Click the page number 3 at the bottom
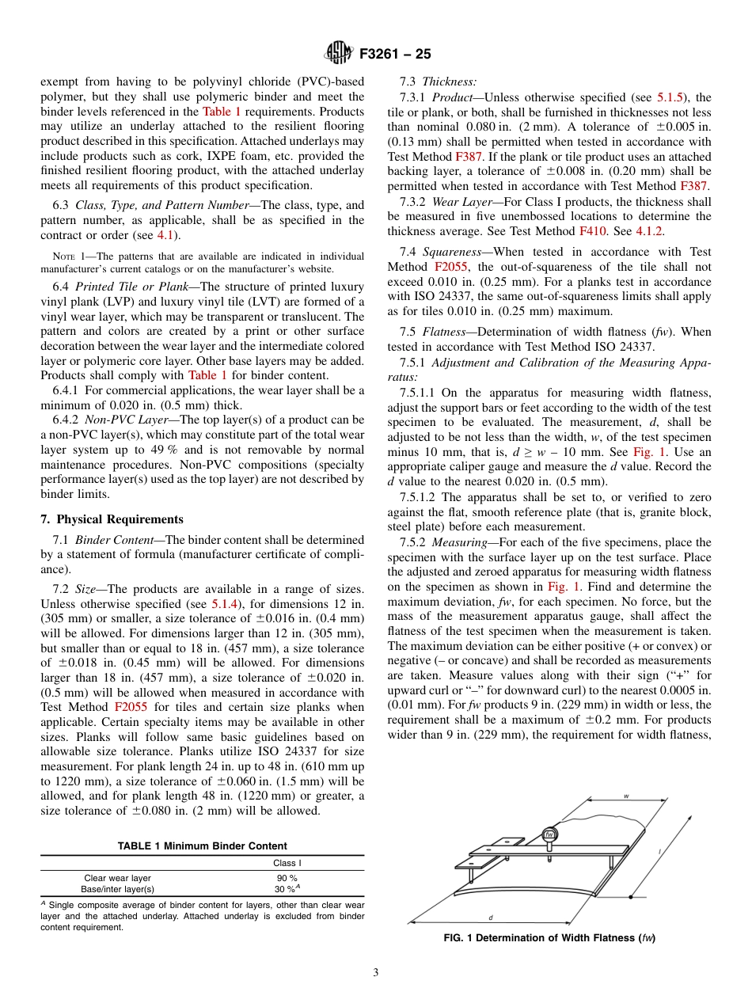click(375, 972)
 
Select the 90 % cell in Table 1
click(287, 877)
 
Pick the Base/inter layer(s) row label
click(119, 888)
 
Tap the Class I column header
click(287, 863)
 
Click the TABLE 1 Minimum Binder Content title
click(202, 845)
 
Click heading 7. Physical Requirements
click(112, 519)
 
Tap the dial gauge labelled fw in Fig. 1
click(550, 834)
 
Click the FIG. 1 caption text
click(550, 938)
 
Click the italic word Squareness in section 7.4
click(451, 252)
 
